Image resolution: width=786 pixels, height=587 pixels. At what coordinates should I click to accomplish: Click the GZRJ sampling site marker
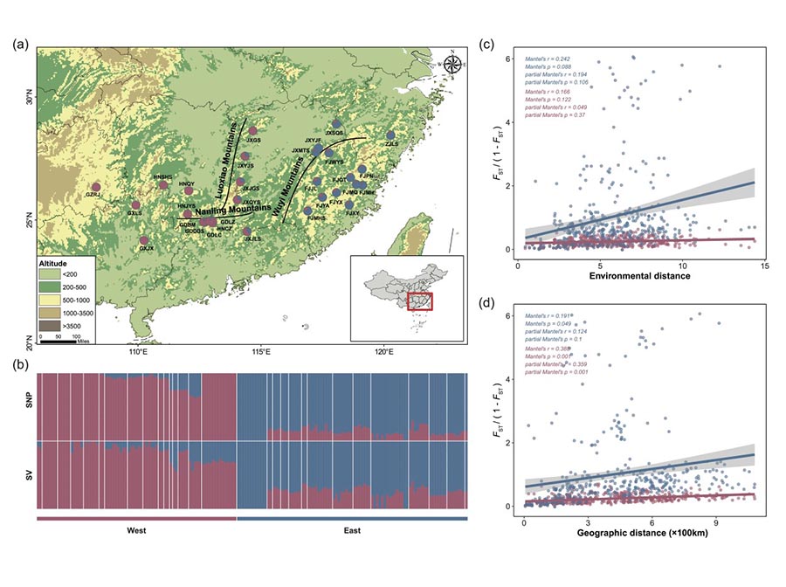pyautogui.click(x=96, y=186)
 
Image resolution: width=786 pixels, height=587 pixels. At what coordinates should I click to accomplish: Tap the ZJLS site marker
pyautogui.click(x=390, y=135)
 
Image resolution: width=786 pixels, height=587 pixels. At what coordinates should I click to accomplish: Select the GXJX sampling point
pyautogui.click(x=144, y=240)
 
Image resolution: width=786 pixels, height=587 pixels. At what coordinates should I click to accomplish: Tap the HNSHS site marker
pyautogui.click(x=163, y=184)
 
